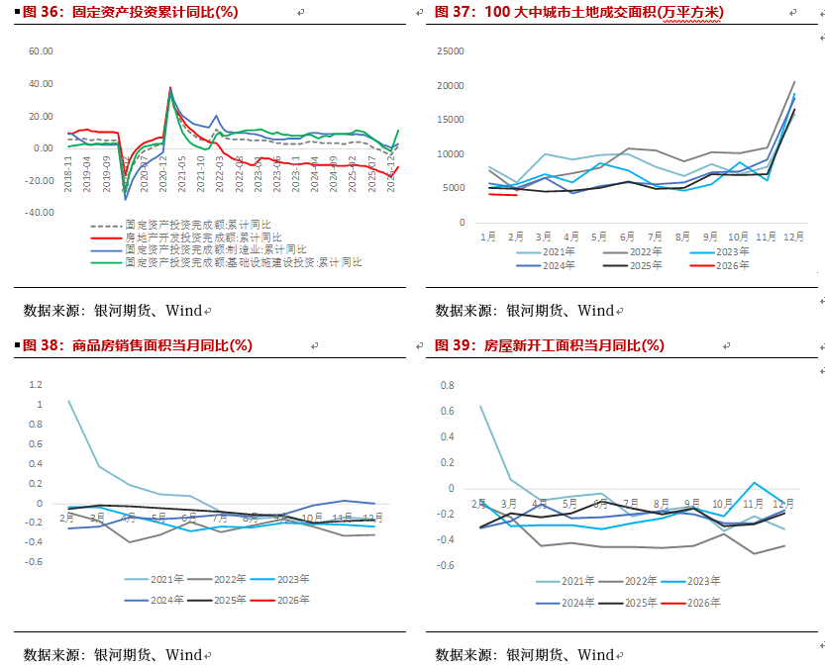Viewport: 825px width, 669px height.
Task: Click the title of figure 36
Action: coord(130,12)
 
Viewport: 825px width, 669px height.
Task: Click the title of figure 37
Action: coord(579,12)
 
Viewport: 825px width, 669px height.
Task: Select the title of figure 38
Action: coord(138,345)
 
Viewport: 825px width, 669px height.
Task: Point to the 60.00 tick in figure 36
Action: coord(40,51)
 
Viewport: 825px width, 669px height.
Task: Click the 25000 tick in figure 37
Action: coord(451,51)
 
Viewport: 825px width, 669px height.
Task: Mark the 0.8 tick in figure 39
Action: coord(448,385)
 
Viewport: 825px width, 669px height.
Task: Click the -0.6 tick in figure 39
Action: coord(446,565)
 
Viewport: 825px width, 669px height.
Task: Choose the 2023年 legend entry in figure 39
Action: coord(697,581)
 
